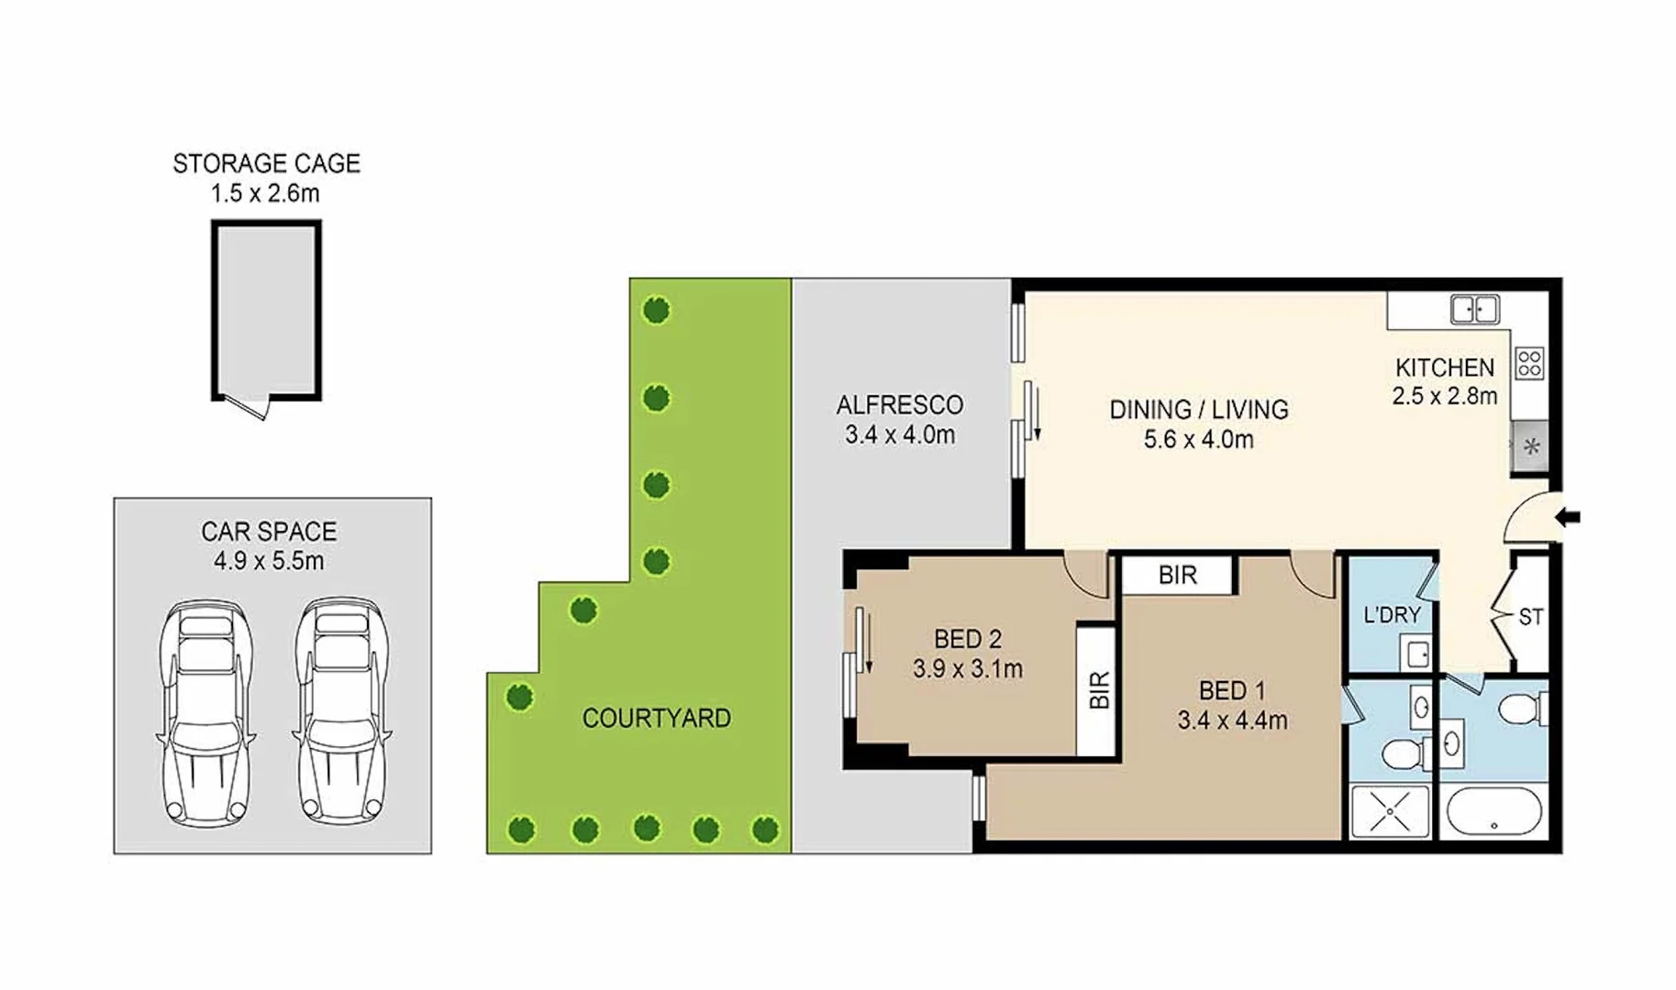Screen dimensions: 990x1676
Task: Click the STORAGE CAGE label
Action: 266,164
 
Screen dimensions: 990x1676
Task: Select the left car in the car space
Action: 205,712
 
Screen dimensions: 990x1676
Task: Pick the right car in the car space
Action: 339,712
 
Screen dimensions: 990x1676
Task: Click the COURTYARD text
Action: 656,718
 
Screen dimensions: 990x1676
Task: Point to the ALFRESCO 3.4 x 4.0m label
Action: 900,420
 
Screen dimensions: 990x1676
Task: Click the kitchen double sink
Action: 1474,310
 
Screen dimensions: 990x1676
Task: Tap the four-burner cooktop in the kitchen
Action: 1528,363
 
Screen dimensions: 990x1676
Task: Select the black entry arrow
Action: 1568,518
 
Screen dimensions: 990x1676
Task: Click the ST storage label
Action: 1530,618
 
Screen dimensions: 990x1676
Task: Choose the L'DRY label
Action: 1391,615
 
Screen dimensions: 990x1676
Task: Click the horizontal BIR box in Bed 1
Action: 1177,576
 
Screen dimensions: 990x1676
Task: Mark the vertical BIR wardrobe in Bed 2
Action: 1097,690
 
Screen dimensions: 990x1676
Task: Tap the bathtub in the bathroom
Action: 1493,812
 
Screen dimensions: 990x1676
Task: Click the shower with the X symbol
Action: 1390,811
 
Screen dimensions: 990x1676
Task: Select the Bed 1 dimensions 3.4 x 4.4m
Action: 1232,720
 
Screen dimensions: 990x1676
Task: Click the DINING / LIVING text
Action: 1198,410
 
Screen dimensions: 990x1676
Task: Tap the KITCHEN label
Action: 1444,368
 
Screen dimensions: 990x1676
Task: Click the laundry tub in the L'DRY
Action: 1416,654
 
